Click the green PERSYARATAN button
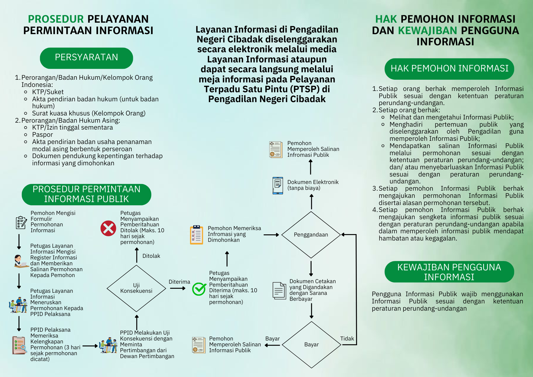coord(86,58)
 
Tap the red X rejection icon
coord(108,228)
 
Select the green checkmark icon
coord(199,289)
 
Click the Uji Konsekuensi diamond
coord(136,288)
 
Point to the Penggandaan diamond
coord(311,235)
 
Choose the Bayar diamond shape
coord(312,345)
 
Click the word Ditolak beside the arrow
coord(151,256)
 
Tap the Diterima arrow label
coord(179,282)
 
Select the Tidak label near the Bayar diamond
coord(347,339)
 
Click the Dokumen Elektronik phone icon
coord(278,186)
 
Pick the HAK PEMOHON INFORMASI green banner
coord(449,69)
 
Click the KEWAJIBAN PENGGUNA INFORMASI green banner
coord(449,272)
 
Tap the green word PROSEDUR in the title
coord(56,19)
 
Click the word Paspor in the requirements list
coord(43,135)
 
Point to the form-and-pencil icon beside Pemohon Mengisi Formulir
coord(21,223)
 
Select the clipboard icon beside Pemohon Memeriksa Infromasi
coord(197,235)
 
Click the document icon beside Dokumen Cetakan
coord(279,291)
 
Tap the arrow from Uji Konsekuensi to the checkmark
coord(178,288)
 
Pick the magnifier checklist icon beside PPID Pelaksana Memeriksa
coord(19,345)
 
